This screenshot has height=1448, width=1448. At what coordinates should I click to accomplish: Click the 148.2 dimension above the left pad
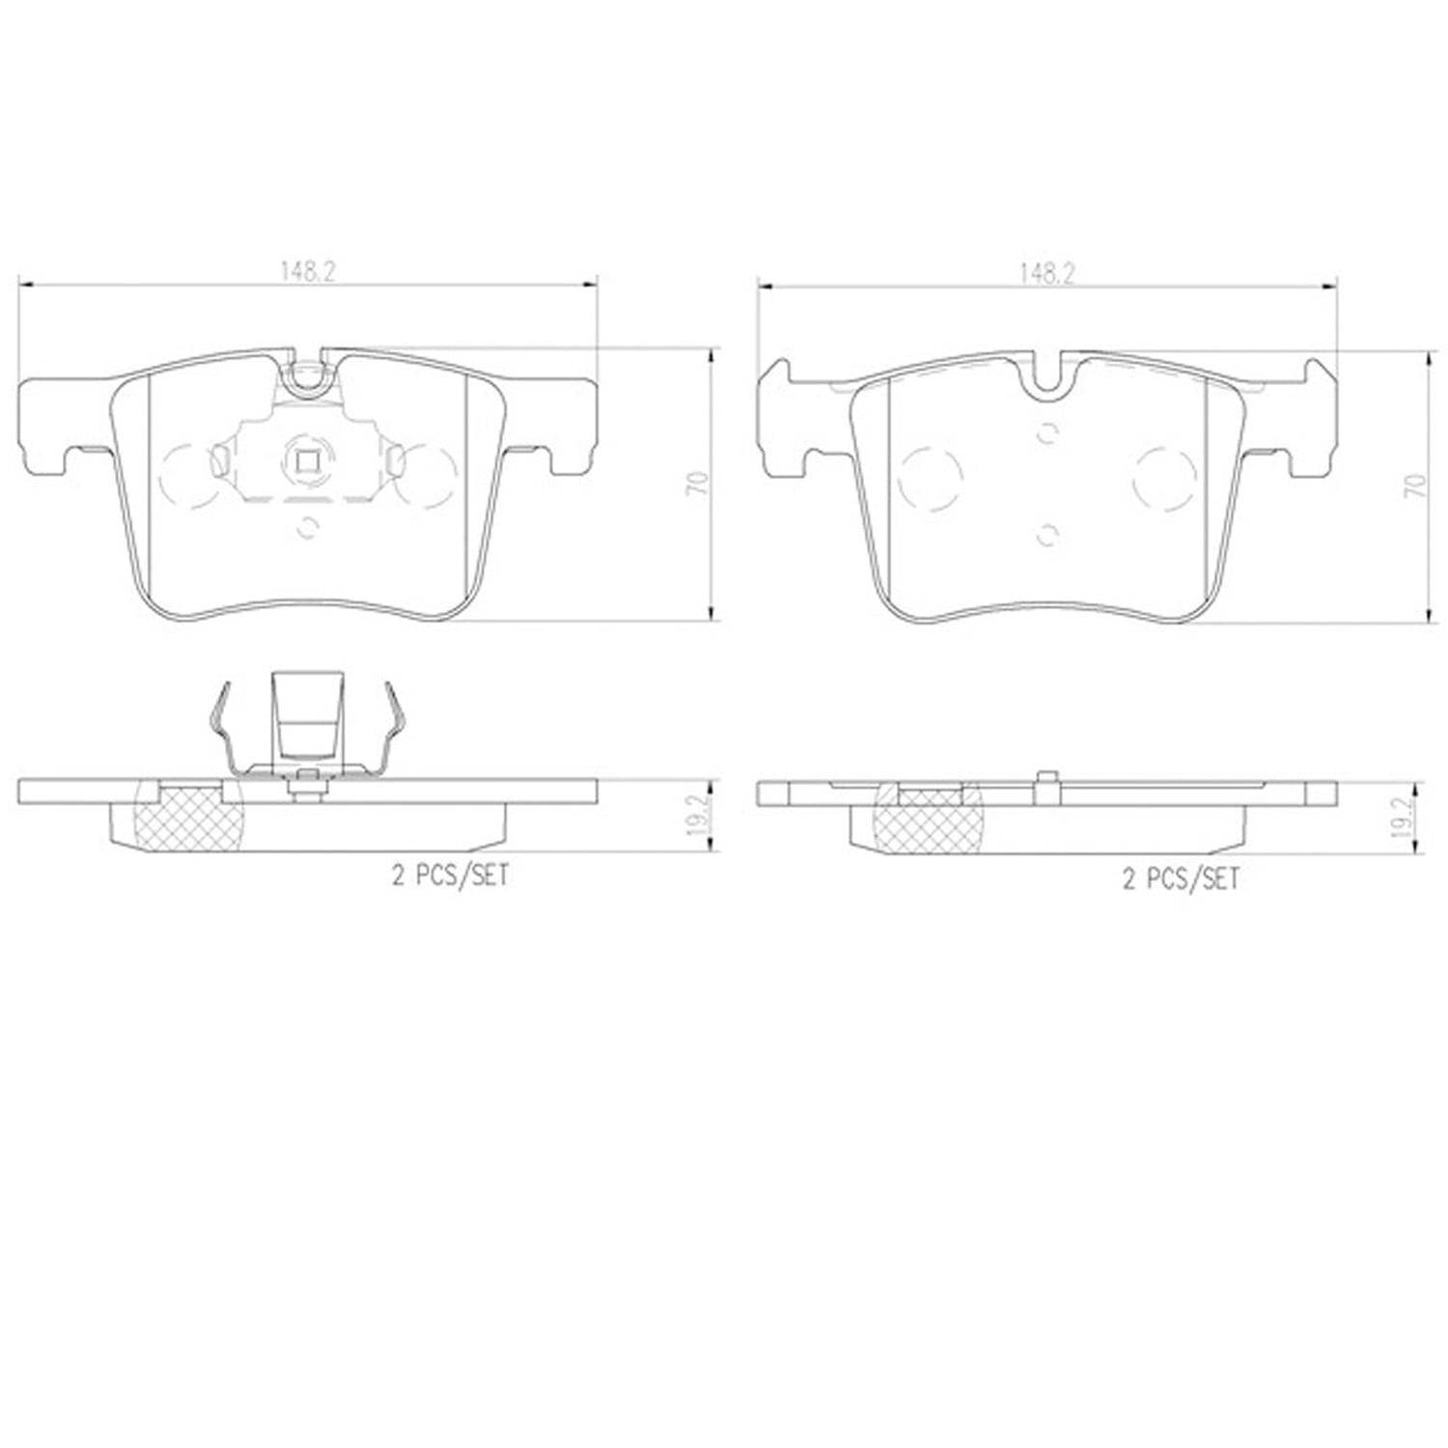(x=308, y=272)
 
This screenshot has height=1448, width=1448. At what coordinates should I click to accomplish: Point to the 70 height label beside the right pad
(x=1415, y=485)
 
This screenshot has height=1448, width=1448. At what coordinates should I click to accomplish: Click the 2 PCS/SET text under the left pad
(x=449, y=876)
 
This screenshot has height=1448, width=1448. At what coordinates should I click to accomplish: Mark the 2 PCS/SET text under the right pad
(x=1180, y=878)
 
